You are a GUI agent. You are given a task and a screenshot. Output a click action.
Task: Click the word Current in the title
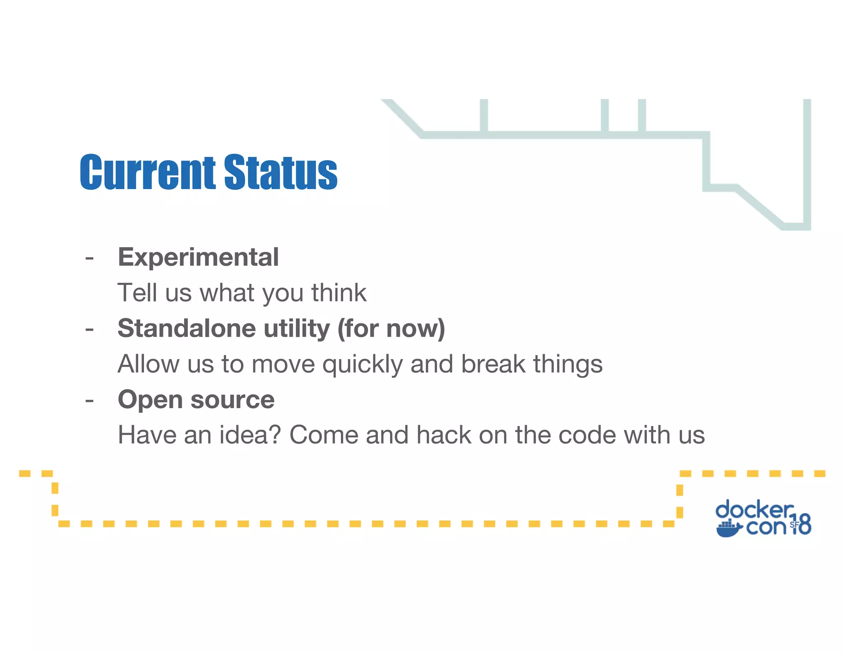pos(147,172)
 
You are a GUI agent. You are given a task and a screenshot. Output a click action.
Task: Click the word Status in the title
pos(281,172)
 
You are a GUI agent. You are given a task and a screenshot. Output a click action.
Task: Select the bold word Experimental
pos(198,258)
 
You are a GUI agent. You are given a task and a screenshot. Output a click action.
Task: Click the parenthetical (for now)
pos(391,329)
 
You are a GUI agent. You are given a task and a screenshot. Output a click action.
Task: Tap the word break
pos(493,364)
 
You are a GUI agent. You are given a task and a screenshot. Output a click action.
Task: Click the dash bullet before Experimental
pos(90,258)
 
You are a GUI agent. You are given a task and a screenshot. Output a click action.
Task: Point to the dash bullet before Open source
pos(90,401)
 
